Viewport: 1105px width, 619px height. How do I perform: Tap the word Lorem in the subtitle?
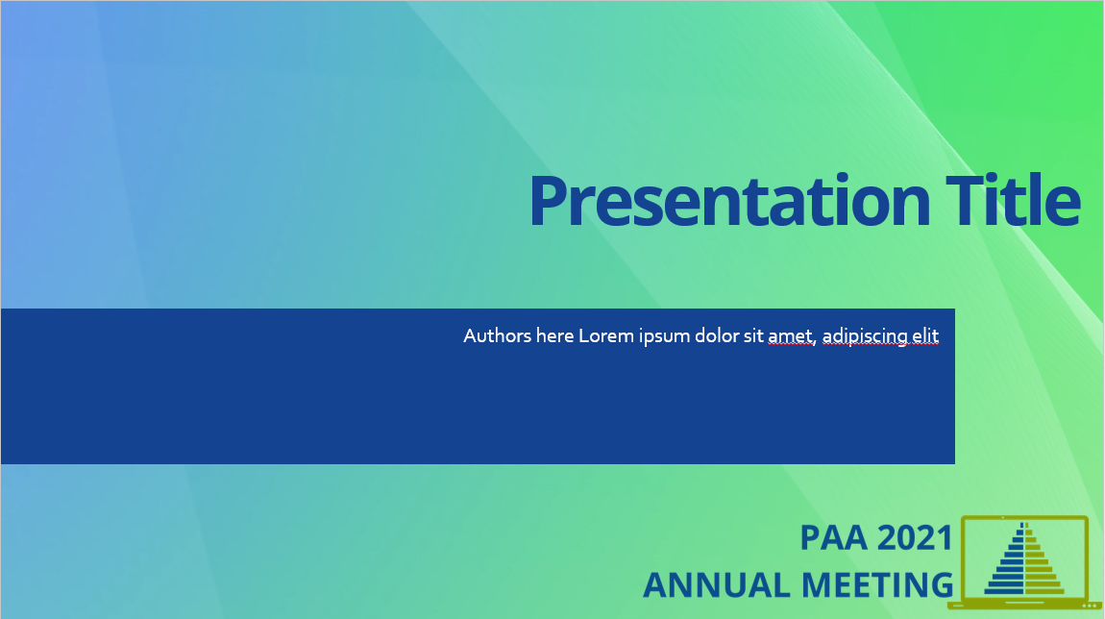click(x=605, y=336)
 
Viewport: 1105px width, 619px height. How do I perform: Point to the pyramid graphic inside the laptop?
click(x=1024, y=562)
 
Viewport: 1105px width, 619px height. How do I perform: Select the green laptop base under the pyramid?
click(x=1024, y=606)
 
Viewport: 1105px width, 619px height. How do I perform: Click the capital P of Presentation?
click(x=552, y=203)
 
